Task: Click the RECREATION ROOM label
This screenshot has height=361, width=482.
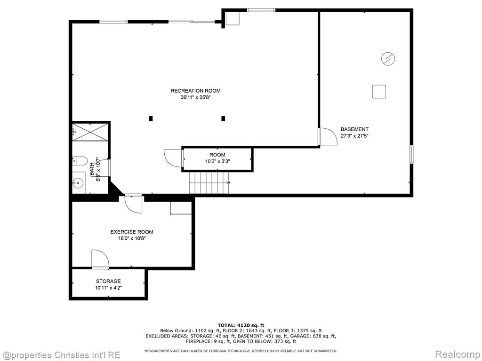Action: click(x=195, y=91)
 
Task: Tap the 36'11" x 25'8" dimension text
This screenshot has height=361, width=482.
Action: click(x=195, y=98)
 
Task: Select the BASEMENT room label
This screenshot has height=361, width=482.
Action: click(x=354, y=129)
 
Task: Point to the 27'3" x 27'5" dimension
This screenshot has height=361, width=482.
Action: click(x=354, y=136)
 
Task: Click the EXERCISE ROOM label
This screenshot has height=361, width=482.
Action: click(x=132, y=232)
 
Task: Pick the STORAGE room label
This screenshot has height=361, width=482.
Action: click(x=108, y=281)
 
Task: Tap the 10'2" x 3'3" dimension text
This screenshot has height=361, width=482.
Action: click(x=217, y=161)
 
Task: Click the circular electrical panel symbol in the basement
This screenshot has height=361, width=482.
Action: click(x=388, y=59)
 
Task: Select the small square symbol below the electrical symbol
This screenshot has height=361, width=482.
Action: click(x=379, y=92)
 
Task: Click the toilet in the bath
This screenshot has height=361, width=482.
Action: click(x=80, y=161)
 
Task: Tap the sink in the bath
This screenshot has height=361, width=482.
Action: click(x=78, y=183)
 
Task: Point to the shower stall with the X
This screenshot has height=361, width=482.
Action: click(x=90, y=132)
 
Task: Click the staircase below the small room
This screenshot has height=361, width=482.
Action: click(x=209, y=183)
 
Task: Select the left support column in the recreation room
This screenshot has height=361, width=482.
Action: click(x=151, y=118)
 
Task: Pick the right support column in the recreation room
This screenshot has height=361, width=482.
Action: click(x=223, y=118)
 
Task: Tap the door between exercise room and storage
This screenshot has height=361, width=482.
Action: click(x=100, y=259)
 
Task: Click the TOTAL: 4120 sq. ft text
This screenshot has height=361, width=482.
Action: click(x=241, y=325)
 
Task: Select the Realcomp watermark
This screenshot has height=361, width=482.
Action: click(x=457, y=354)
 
